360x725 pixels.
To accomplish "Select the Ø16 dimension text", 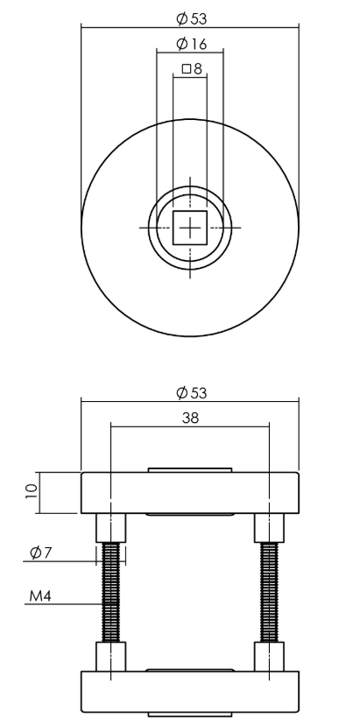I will coord(189,44).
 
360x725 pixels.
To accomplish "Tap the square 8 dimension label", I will coord(191,68).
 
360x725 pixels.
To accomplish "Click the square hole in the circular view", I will coord(189,227).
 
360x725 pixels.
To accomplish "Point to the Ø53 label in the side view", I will coord(190,391).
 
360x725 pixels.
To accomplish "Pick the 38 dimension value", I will coord(189,418).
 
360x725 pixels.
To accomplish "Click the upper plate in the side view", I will coord(190,492).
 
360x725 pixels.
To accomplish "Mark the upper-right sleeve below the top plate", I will coord(268,527).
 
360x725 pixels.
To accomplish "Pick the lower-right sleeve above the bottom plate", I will coord(268,657).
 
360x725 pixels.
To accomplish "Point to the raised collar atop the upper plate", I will coord(190,470).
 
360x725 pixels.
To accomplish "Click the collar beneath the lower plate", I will coord(190,714).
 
